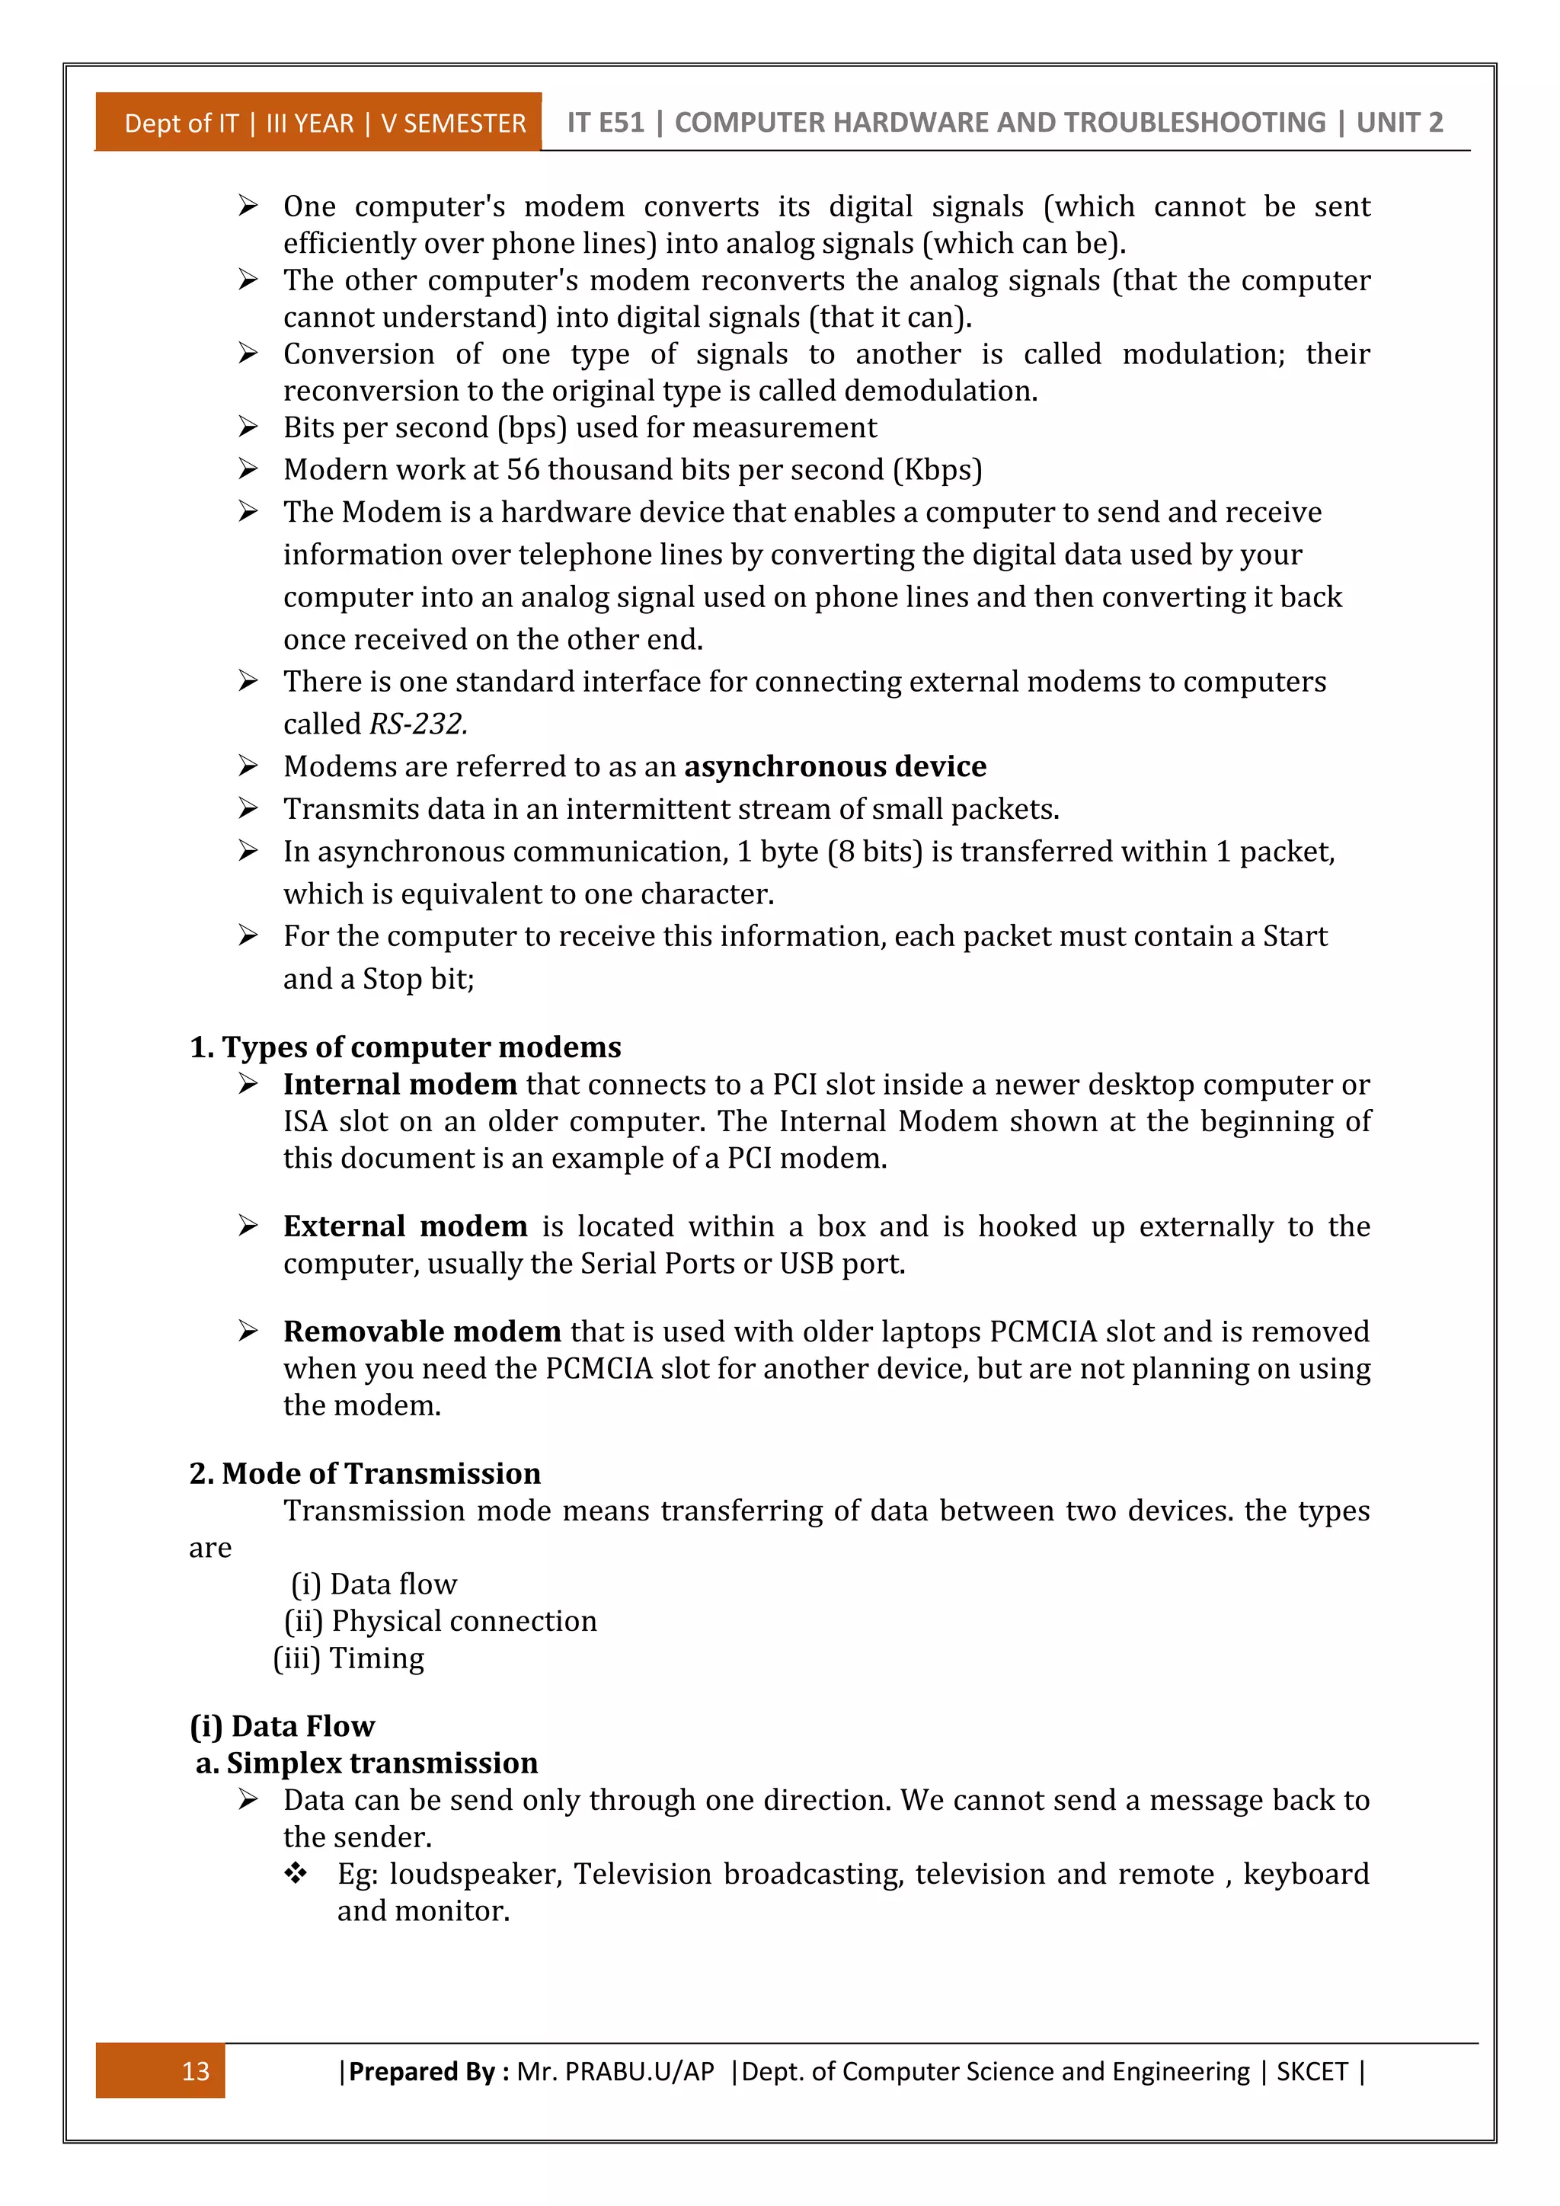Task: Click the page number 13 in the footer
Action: [195, 2070]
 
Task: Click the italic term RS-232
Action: [418, 724]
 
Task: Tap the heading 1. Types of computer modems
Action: [404, 1047]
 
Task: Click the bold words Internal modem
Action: [400, 1084]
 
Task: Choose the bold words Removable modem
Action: [422, 1331]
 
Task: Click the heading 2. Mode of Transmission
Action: [364, 1473]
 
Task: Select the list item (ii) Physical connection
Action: [440, 1621]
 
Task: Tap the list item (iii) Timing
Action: [348, 1658]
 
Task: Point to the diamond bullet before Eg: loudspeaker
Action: [295, 1872]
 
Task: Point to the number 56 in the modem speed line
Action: [523, 469]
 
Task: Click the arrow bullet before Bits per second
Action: [248, 427]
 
